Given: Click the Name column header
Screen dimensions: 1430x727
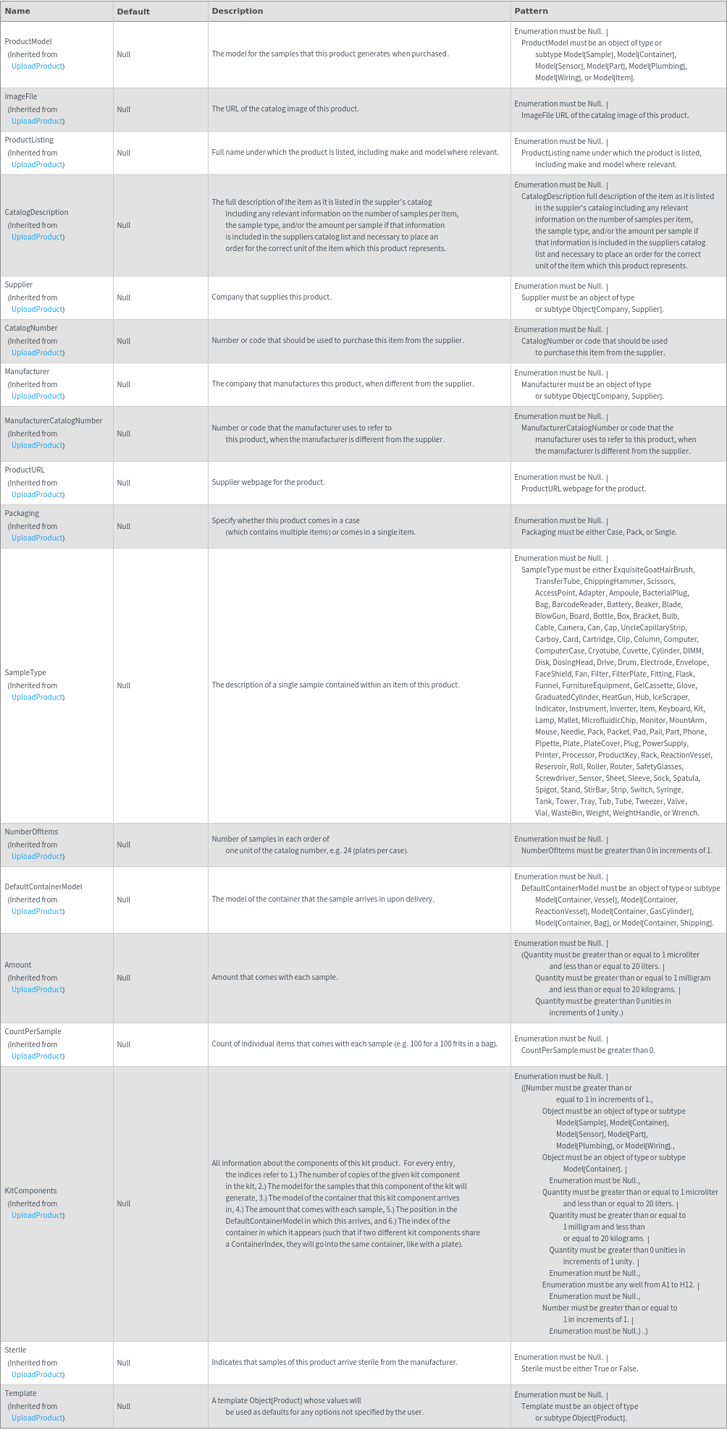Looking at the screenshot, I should (17, 11).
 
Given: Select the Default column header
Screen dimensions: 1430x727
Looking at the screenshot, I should (133, 12).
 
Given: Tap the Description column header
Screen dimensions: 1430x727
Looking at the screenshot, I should (238, 11).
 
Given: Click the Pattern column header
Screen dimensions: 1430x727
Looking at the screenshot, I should (531, 11).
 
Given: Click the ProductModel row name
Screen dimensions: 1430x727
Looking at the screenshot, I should (28, 41).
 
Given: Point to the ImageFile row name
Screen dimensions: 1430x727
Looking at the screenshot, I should (21, 96).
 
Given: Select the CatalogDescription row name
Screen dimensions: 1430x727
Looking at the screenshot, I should (36, 212).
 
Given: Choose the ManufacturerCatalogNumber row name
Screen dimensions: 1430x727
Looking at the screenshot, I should (54, 420).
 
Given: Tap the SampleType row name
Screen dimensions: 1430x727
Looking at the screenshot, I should (25, 672).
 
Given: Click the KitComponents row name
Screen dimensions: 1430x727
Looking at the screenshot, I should (30, 1190).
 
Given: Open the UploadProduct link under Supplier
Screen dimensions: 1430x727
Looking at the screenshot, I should (38, 309).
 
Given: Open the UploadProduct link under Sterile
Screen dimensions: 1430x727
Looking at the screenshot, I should (38, 1374).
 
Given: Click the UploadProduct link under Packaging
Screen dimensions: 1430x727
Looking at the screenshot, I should (38, 538).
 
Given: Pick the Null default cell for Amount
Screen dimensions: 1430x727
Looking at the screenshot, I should (124, 978).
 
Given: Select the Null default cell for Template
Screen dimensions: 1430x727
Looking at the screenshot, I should (124, 1406).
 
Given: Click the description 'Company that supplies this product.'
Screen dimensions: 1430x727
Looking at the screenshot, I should (272, 297).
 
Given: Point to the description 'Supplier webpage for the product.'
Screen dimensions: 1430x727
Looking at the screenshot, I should (268, 482).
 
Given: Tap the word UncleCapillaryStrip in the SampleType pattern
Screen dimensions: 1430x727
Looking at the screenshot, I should (653, 627).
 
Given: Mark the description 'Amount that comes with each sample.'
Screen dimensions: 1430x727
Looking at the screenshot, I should (274, 977).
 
